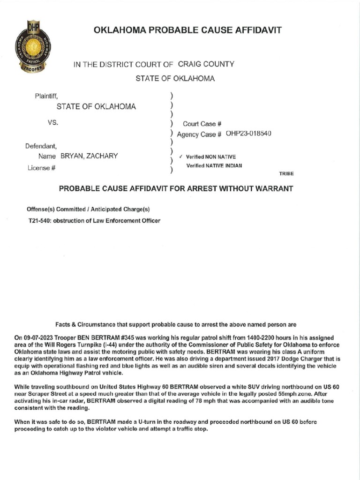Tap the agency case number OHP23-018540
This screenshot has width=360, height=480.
[248, 134]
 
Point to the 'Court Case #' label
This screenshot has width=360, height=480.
[202, 124]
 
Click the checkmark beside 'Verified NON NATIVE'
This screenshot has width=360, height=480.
[181, 157]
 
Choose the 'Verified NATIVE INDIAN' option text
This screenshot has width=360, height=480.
[214, 165]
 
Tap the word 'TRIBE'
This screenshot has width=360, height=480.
[286, 173]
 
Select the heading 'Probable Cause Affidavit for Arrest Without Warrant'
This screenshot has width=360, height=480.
[175, 188]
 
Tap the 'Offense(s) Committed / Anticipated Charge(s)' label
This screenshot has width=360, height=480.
[89, 209]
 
